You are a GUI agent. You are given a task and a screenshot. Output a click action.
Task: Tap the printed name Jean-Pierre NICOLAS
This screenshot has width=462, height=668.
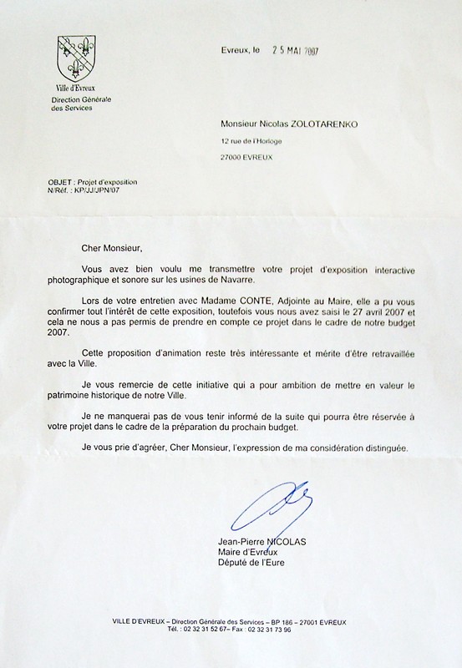pos(261,542)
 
